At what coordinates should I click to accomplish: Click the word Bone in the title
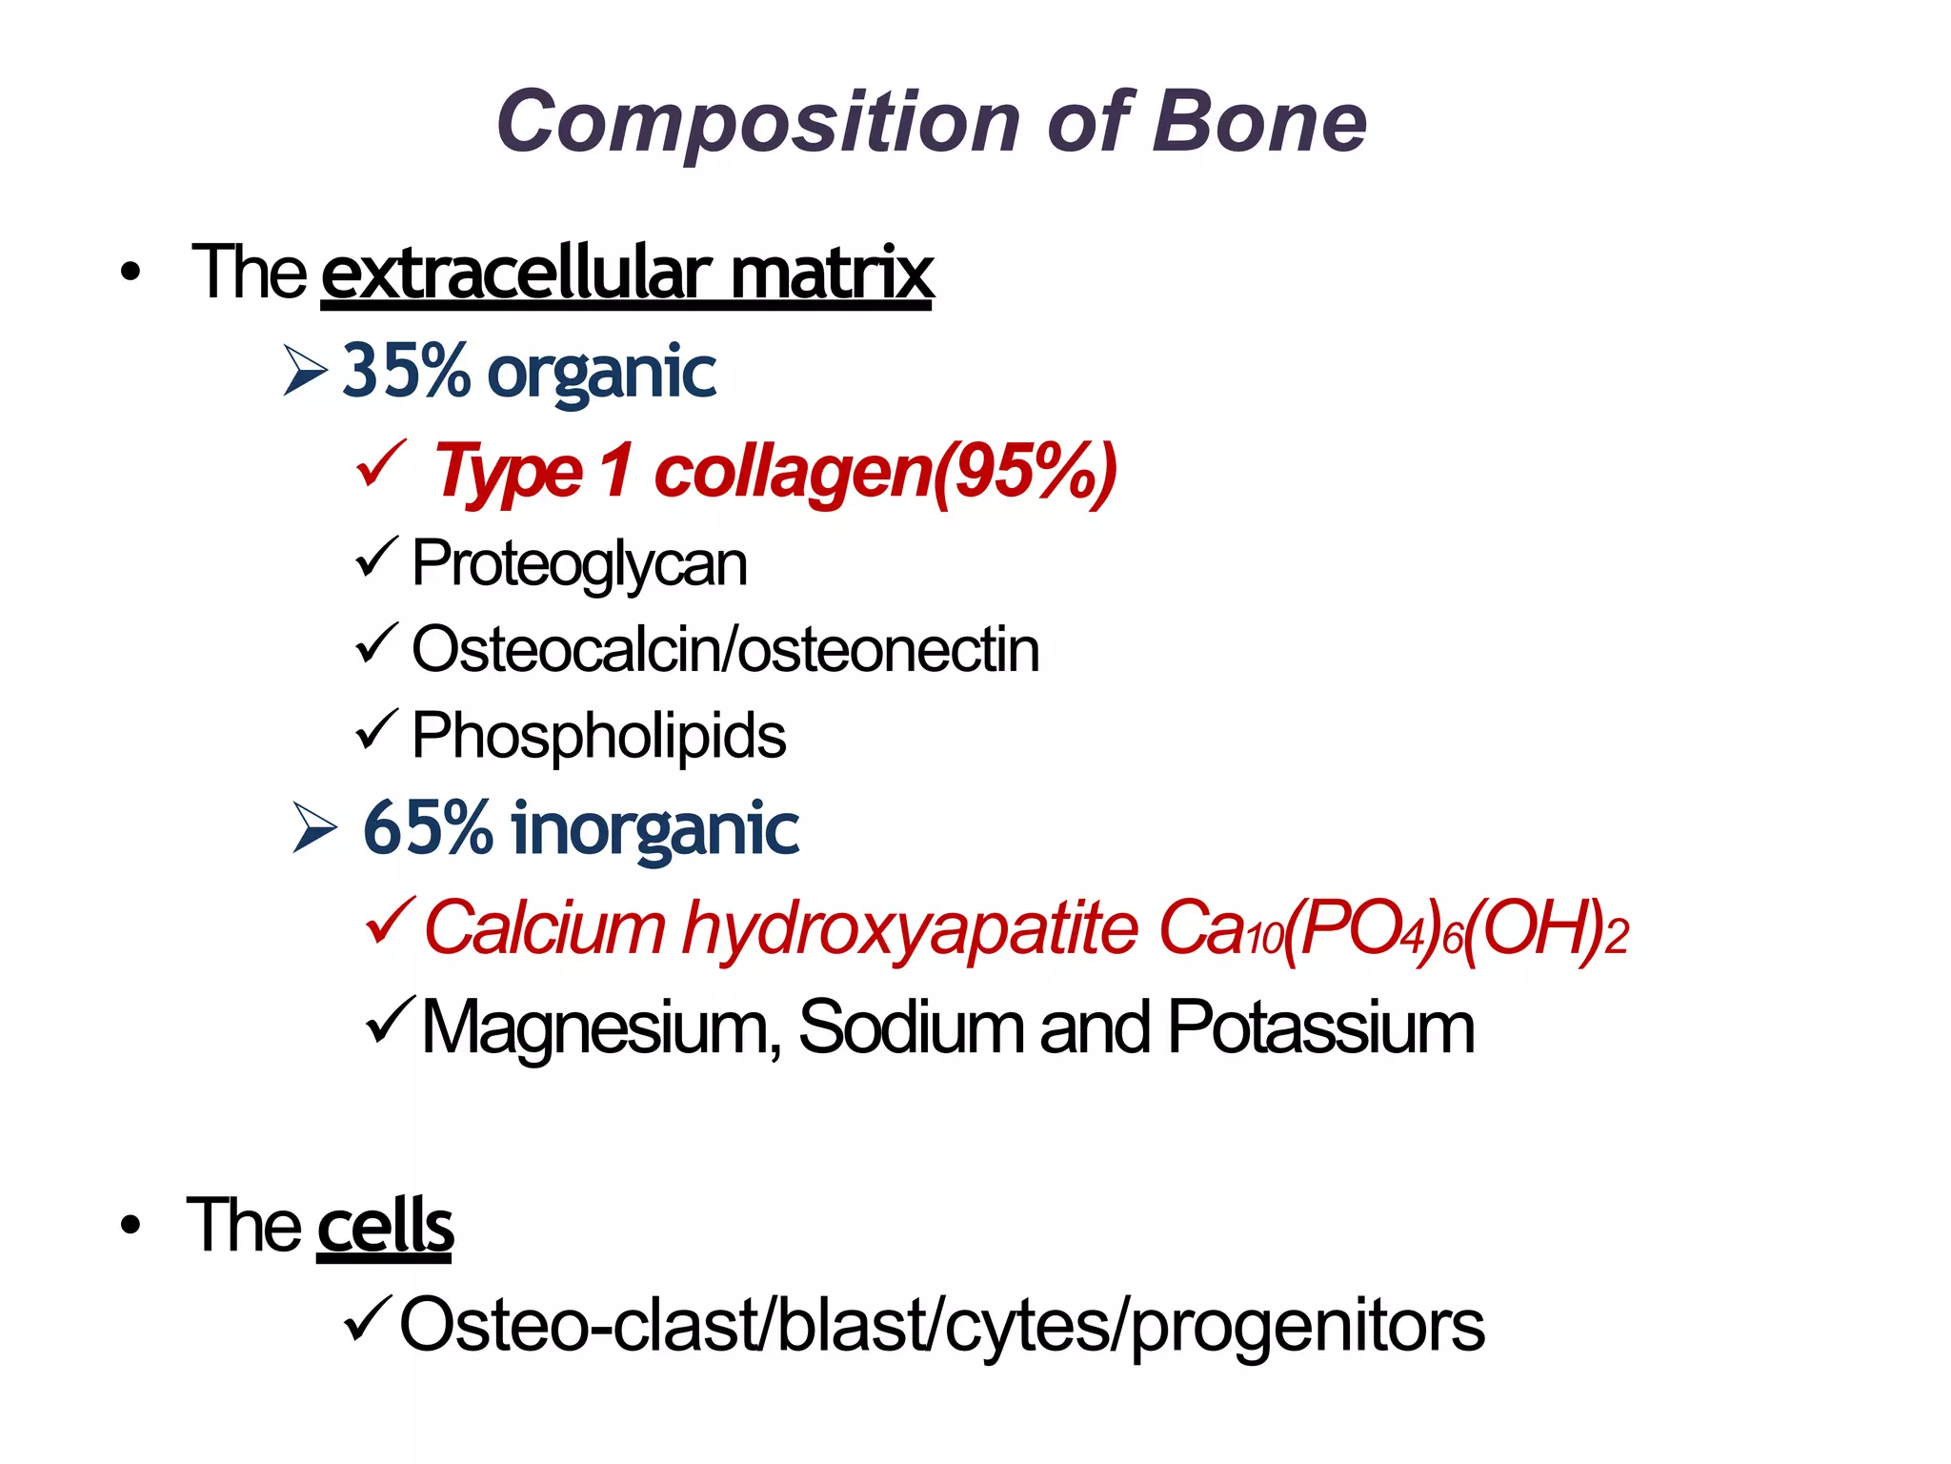tap(1258, 122)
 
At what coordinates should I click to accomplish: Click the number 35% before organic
tap(406, 371)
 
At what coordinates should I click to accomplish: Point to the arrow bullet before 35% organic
tap(305, 372)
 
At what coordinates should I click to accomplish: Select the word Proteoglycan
tap(579, 564)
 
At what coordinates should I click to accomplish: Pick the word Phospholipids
tap(598, 737)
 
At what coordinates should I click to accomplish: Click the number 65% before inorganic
tap(428, 828)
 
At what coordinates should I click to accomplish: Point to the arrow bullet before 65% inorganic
tap(314, 827)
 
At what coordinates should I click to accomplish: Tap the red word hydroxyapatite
tap(910, 928)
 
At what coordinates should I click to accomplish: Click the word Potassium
tap(1320, 1028)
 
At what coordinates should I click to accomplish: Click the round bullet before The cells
tap(131, 1226)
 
